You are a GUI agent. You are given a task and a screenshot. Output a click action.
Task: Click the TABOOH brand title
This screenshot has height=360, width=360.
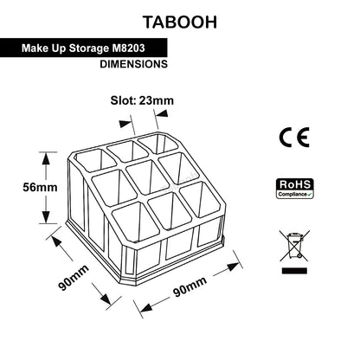180,22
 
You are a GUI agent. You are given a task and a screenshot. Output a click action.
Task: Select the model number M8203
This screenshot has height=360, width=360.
128,48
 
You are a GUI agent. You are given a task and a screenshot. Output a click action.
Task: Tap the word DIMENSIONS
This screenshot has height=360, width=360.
133,64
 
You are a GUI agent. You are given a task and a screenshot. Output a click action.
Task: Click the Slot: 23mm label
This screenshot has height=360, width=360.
142,100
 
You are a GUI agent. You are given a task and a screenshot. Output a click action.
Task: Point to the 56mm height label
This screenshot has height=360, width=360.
40,188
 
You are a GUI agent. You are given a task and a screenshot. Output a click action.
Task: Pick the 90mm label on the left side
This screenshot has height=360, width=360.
74,278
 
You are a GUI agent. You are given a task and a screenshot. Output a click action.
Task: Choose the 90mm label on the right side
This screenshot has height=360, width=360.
190,286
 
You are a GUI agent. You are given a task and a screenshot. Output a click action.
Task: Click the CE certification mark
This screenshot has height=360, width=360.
294,138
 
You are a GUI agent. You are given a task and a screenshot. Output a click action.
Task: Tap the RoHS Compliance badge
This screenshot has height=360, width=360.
294,189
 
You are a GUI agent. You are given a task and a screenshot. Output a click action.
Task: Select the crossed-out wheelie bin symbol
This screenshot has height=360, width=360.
294,246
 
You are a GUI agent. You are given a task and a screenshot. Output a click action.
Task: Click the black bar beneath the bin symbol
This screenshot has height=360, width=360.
294,271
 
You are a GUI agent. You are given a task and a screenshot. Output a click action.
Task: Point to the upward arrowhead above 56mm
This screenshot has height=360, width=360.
46,158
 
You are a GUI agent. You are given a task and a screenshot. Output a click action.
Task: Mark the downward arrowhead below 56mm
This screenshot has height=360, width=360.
46,217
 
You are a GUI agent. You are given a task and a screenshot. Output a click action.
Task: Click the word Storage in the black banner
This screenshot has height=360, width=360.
89,48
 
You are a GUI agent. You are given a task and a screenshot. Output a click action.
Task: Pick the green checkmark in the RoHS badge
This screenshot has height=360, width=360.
310,195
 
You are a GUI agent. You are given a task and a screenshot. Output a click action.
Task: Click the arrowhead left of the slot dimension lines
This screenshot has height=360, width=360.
125,124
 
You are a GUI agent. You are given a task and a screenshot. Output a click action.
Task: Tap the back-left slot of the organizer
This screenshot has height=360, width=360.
95,161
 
